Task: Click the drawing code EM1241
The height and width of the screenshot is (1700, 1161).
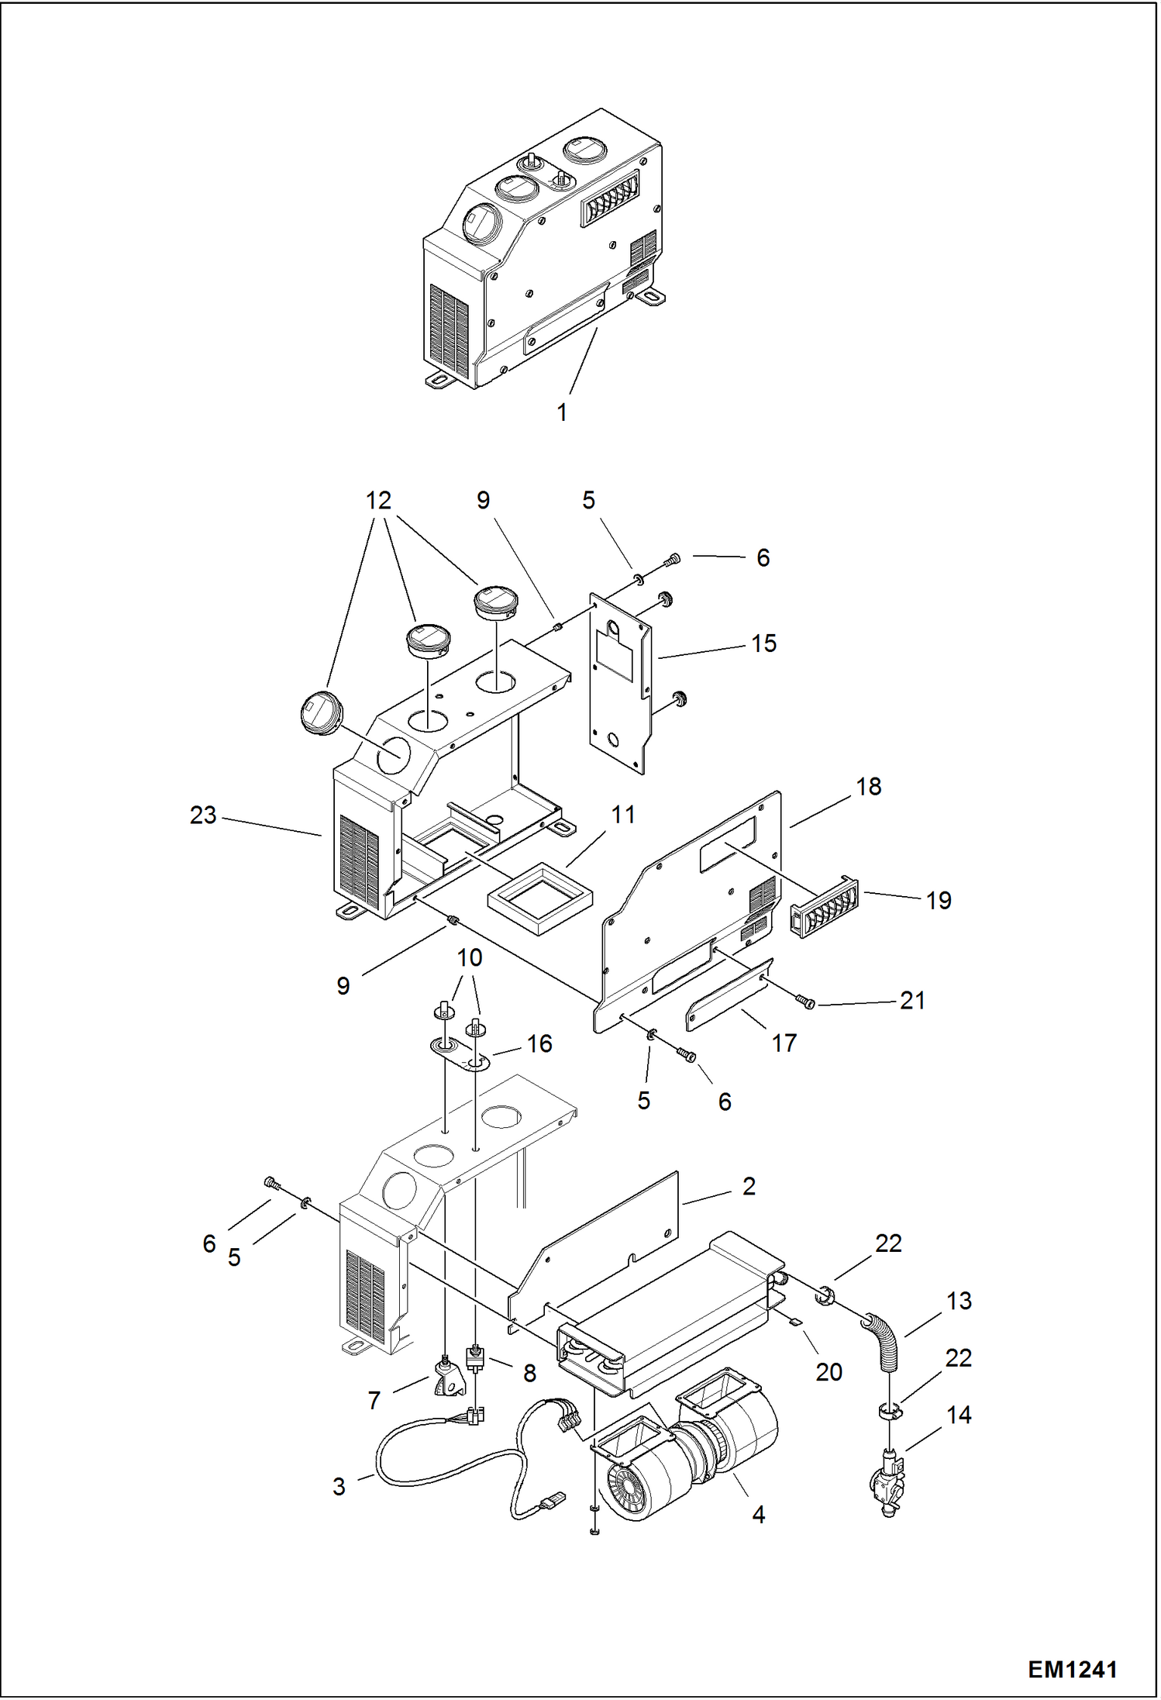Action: click(x=1072, y=1669)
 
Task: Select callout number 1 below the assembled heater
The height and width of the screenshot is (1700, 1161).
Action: click(x=562, y=412)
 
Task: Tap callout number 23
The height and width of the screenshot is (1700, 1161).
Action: click(x=203, y=815)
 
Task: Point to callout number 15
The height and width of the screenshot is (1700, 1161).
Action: click(x=763, y=643)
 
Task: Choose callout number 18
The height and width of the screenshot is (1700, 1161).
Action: click(x=868, y=787)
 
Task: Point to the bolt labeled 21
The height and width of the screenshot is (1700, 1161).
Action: click(x=806, y=1003)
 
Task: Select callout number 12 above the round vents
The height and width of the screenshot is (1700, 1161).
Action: click(x=378, y=501)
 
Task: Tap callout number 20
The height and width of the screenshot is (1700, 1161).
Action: click(x=829, y=1372)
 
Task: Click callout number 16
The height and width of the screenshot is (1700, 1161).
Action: click(x=539, y=1044)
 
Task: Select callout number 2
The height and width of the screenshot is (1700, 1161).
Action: click(x=748, y=1186)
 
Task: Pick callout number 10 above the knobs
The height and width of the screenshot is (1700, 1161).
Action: click(x=469, y=958)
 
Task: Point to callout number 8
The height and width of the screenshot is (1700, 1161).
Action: click(x=529, y=1374)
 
